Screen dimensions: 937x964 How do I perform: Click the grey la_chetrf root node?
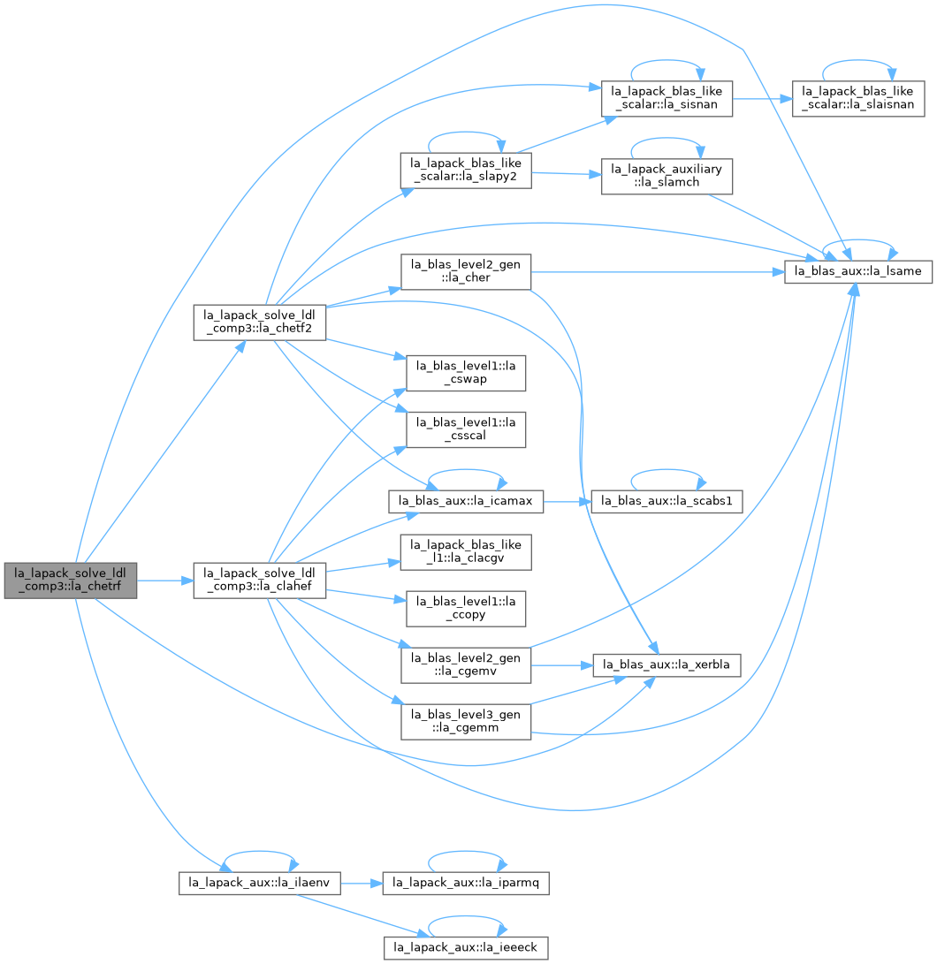[71, 580]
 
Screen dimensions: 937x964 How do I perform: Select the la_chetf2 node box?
[260, 322]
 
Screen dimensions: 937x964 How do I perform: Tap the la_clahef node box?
[260, 580]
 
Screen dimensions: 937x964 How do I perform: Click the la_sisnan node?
[667, 98]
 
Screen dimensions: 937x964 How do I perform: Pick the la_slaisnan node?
[858, 98]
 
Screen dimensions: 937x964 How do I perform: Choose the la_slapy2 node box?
[466, 171]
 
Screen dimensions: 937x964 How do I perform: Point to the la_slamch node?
[667, 176]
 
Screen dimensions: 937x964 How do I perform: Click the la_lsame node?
[858, 272]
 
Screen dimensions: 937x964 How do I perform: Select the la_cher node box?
[466, 272]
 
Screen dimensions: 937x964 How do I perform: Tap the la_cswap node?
[466, 373]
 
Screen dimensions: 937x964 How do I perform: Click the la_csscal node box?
[466, 429]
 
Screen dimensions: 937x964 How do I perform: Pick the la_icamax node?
[466, 501]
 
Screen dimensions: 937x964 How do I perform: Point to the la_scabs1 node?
[667, 501]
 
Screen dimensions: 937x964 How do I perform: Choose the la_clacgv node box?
[466, 552]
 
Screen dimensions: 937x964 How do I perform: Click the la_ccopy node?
[466, 609]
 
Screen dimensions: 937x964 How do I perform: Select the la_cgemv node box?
[466, 665]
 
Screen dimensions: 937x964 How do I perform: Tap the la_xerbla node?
[667, 665]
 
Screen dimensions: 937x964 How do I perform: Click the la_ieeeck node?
[466, 948]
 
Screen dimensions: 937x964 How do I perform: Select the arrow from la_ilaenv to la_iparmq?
[362, 884]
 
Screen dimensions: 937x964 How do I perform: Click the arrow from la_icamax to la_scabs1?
[568, 502]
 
